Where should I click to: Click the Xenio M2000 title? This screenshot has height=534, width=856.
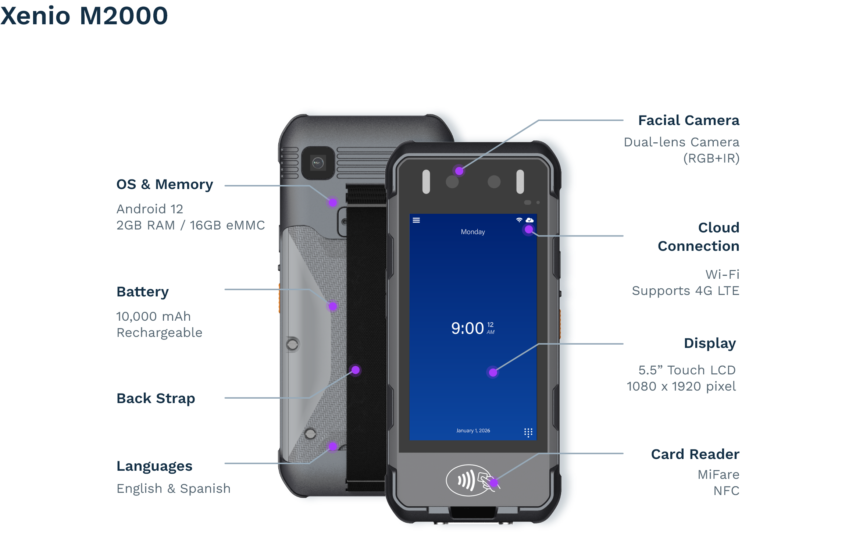[84, 16]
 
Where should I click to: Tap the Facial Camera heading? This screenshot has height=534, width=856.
[688, 121]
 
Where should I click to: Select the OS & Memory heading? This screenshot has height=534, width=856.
[165, 185]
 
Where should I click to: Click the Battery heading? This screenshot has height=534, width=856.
[143, 292]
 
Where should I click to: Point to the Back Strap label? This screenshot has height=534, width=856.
[156, 399]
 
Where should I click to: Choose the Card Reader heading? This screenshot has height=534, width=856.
[695, 455]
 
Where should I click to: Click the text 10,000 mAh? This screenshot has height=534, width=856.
[153, 316]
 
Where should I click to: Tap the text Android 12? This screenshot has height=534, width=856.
[150, 209]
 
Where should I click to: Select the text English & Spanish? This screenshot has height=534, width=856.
[174, 489]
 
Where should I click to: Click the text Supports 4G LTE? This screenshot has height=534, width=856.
[685, 291]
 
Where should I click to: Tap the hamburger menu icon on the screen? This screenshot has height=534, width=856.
[416, 220]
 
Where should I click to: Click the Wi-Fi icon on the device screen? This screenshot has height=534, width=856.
[519, 220]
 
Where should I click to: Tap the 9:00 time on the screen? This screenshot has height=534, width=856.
[468, 328]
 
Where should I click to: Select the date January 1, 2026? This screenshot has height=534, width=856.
[473, 431]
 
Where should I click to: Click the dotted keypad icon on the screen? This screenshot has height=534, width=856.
[528, 432]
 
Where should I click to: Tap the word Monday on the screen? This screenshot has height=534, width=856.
[473, 232]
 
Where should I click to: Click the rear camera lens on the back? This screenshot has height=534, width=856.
[318, 163]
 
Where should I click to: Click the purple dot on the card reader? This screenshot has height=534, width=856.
[494, 483]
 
